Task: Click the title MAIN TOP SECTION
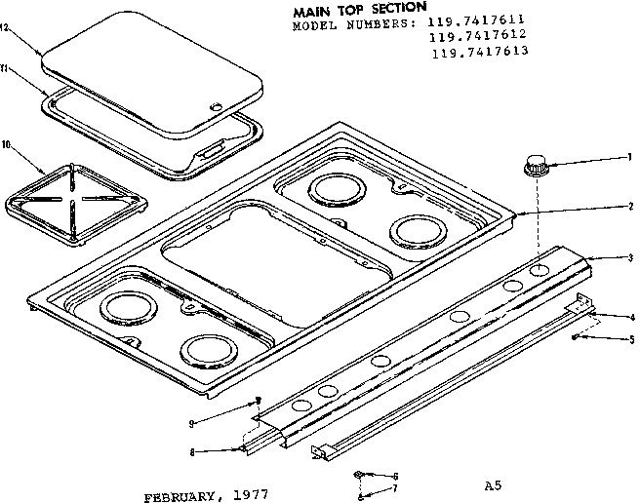[x=359, y=10]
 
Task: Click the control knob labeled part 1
[x=536, y=164]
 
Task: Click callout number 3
[x=631, y=257]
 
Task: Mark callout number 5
[x=631, y=340]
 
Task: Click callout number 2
[x=631, y=206]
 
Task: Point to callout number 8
[x=194, y=451]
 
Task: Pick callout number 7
[x=395, y=486]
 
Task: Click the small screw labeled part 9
[x=258, y=400]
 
